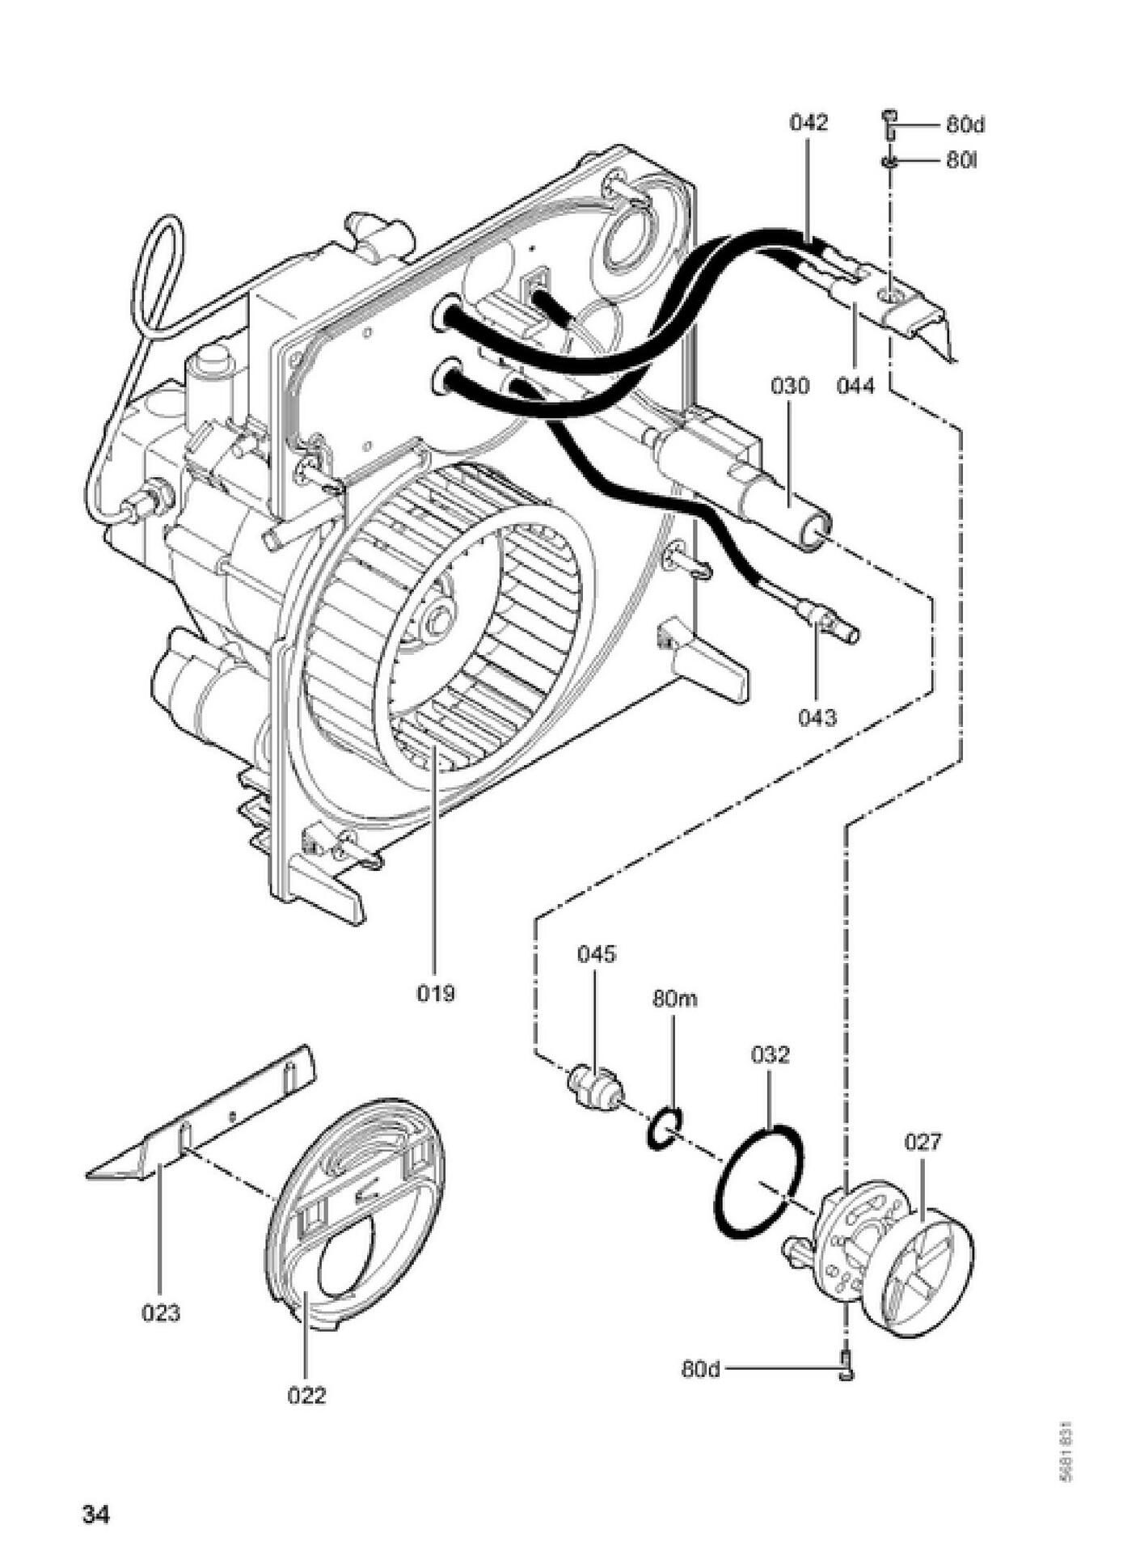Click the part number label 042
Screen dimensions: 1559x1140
click(809, 123)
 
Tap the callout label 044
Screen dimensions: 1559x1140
click(855, 386)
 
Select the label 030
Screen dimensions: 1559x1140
click(789, 386)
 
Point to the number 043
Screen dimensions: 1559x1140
click(817, 716)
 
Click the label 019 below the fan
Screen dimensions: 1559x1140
click(436, 992)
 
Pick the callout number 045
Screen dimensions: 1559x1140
click(596, 953)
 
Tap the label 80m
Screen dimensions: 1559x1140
click(674, 999)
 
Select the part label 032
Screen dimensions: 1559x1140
click(770, 1054)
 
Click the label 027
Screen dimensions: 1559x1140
click(923, 1141)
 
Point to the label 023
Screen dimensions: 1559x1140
click(161, 1313)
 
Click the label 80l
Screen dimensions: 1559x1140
click(961, 161)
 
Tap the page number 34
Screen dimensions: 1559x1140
click(96, 1514)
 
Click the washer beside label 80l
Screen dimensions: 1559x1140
click(889, 161)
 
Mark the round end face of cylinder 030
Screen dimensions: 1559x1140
click(815, 534)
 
